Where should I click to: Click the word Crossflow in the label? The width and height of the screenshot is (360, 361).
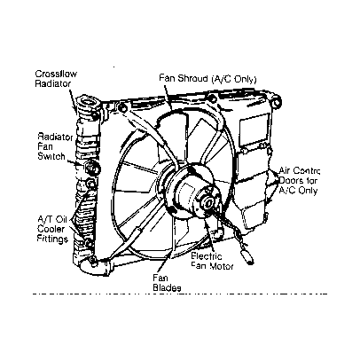[x=56, y=74]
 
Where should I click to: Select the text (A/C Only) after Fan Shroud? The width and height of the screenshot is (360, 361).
[x=234, y=79]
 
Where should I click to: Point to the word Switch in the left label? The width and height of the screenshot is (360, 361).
[x=51, y=156]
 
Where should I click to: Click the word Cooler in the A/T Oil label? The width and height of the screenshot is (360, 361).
[x=51, y=229]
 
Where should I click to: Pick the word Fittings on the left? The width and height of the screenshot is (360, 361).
[x=52, y=239]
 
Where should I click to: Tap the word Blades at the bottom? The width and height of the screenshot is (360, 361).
[x=167, y=287]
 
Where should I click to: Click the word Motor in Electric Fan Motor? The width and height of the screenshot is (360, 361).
[x=222, y=266]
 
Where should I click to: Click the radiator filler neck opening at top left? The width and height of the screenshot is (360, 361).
[x=88, y=103]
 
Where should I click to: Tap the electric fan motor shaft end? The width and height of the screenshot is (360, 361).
[x=208, y=203]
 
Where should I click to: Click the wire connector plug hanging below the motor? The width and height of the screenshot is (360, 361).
[x=247, y=257]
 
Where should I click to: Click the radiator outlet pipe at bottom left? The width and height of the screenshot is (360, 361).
[x=94, y=268]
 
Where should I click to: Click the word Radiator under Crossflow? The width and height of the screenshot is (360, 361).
[x=53, y=83]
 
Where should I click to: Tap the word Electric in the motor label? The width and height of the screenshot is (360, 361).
[x=207, y=256]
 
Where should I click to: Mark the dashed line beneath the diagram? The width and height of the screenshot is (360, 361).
[x=180, y=294]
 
